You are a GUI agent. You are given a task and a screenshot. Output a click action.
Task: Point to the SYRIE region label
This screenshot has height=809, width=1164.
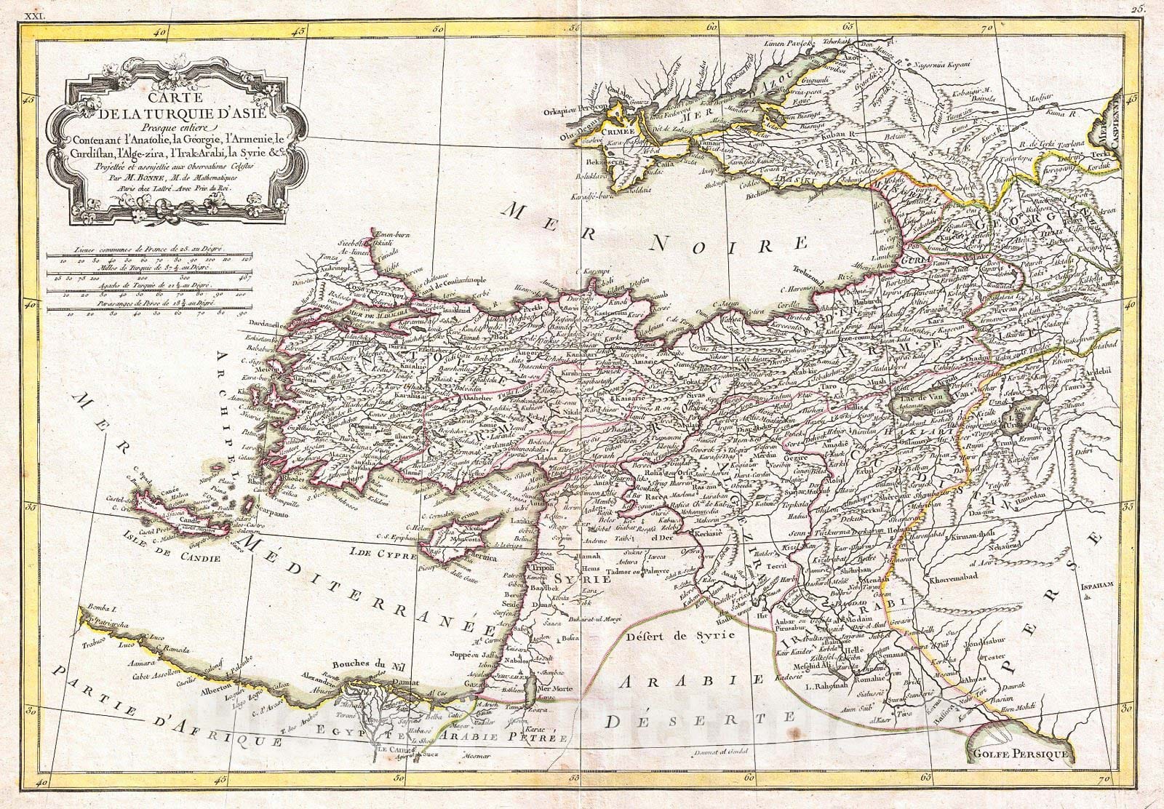tap(578, 578)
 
